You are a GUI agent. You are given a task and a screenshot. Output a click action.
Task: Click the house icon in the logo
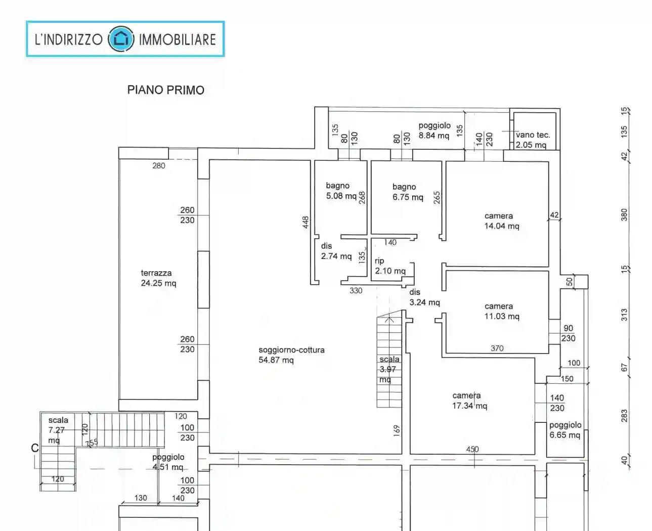point(121,39)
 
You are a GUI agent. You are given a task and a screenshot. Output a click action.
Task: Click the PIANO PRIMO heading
point(165,90)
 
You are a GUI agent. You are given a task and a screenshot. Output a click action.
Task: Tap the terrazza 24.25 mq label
point(158,278)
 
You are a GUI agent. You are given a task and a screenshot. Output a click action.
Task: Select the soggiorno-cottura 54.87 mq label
point(291,355)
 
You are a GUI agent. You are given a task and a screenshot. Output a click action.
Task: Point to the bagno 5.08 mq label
point(340,191)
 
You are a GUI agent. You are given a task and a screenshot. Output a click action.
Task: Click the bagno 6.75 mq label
point(407,192)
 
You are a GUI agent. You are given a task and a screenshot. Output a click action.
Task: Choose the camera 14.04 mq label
point(501,221)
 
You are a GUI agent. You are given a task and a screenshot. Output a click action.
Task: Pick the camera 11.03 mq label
point(501,311)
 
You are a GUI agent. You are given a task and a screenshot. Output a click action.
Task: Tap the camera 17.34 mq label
point(469,401)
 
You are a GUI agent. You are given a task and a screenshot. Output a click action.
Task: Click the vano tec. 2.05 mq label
point(532,140)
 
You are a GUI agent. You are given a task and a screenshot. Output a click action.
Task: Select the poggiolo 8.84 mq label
point(434,130)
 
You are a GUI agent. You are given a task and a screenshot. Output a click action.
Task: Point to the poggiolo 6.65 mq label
point(565,430)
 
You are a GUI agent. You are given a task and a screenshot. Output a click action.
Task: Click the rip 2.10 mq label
point(389,266)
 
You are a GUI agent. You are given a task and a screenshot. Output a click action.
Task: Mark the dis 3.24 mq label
point(424,297)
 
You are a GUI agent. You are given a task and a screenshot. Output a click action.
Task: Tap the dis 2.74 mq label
point(335,251)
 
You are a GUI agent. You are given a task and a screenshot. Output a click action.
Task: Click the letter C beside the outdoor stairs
point(35,448)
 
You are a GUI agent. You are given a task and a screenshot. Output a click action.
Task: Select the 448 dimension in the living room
point(306,223)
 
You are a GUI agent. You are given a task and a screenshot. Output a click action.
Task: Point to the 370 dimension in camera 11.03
point(497,348)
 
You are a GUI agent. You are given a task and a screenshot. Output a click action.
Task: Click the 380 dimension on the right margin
point(624,214)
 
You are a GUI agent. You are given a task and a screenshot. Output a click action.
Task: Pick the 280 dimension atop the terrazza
point(158,165)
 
